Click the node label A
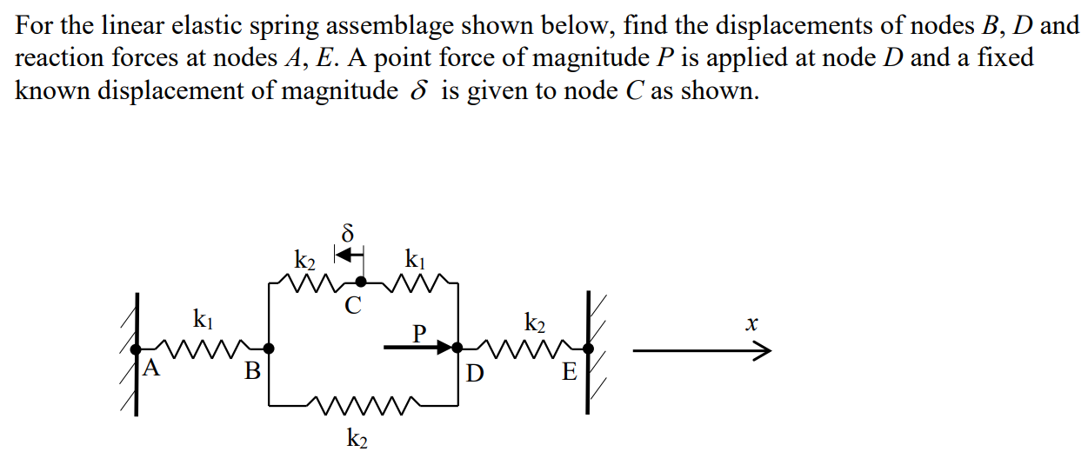[x=152, y=368]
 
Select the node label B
[x=252, y=372]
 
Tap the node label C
[x=352, y=305]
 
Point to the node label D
[x=475, y=374]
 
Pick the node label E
[x=570, y=373]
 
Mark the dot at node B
[x=270, y=349]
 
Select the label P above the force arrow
[x=420, y=333]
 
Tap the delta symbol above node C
[x=348, y=234]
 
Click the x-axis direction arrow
[x=701, y=351]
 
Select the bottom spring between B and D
[x=364, y=404]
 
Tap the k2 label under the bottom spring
[x=357, y=440]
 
